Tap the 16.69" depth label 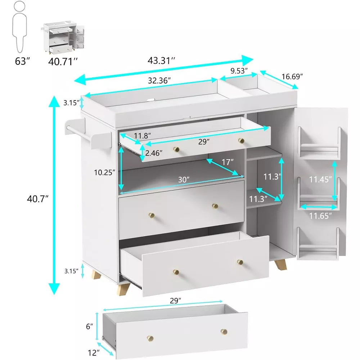point(292,76)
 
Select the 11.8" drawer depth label point(142,136)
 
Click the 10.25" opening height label point(105,172)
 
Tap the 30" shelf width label point(184,179)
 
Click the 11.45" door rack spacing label point(320,179)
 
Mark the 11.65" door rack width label point(320,215)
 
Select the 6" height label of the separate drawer point(89,326)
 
